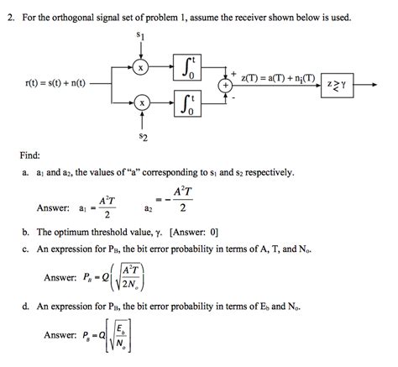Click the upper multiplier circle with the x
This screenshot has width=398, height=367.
(143, 66)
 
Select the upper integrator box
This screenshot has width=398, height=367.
(188, 66)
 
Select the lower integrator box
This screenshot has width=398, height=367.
(188, 103)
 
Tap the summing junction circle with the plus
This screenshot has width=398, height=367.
(225, 84)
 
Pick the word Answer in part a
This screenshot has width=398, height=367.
(52, 207)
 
